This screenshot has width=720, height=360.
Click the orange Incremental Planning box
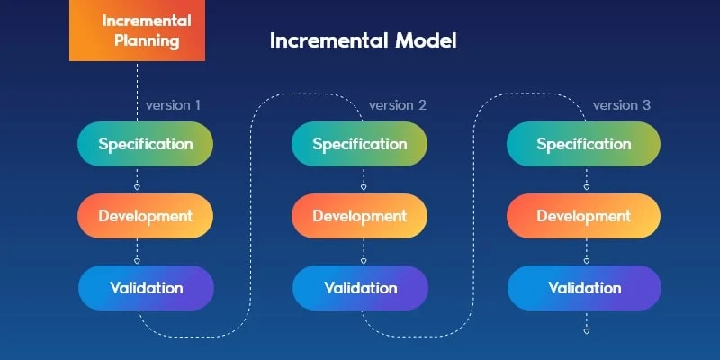[x=137, y=31]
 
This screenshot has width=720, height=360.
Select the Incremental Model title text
[x=364, y=40]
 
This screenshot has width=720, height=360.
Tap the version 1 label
[x=173, y=105]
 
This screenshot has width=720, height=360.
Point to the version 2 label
[x=397, y=105]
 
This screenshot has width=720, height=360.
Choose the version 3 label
[x=621, y=105]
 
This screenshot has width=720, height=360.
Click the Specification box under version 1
[x=145, y=144]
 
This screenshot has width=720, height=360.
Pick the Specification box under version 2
[x=360, y=144]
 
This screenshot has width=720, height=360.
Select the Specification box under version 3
[x=584, y=144]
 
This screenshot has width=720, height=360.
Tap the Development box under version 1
[x=145, y=216]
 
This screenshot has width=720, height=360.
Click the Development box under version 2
[x=360, y=216]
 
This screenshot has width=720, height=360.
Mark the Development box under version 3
[x=584, y=216]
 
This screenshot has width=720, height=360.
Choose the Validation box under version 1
[x=146, y=288]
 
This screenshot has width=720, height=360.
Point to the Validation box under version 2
[x=360, y=288]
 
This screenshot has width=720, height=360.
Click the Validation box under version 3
[x=584, y=288]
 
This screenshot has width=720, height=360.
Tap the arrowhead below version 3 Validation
[x=586, y=331]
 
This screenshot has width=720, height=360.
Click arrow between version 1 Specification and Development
[x=137, y=181]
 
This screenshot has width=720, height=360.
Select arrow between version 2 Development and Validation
[x=362, y=253]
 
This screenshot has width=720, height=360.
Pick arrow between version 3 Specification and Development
[x=586, y=181]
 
